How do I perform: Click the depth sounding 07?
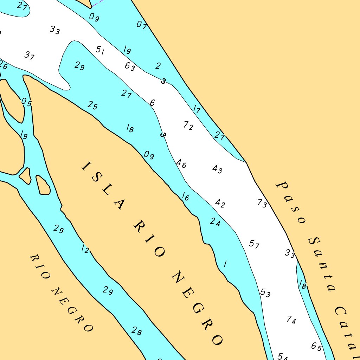(x=141, y=25)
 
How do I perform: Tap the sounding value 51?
(x=100, y=50)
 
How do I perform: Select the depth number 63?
(x=130, y=66)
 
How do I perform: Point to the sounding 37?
(x=30, y=55)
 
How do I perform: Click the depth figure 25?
(x=92, y=105)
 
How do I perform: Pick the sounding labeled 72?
(x=188, y=125)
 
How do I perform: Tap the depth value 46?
(x=181, y=163)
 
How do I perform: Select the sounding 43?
(x=217, y=169)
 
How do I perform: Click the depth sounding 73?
(x=262, y=203)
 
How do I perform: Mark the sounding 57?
(x=254, y=244)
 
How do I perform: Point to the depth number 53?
(x=265, y=292)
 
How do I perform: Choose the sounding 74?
(x=291, y=320)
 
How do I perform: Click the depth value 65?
(x=316, y=347)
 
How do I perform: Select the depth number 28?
(x=137, y=331)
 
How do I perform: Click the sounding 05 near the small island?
(x=26, y=102)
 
